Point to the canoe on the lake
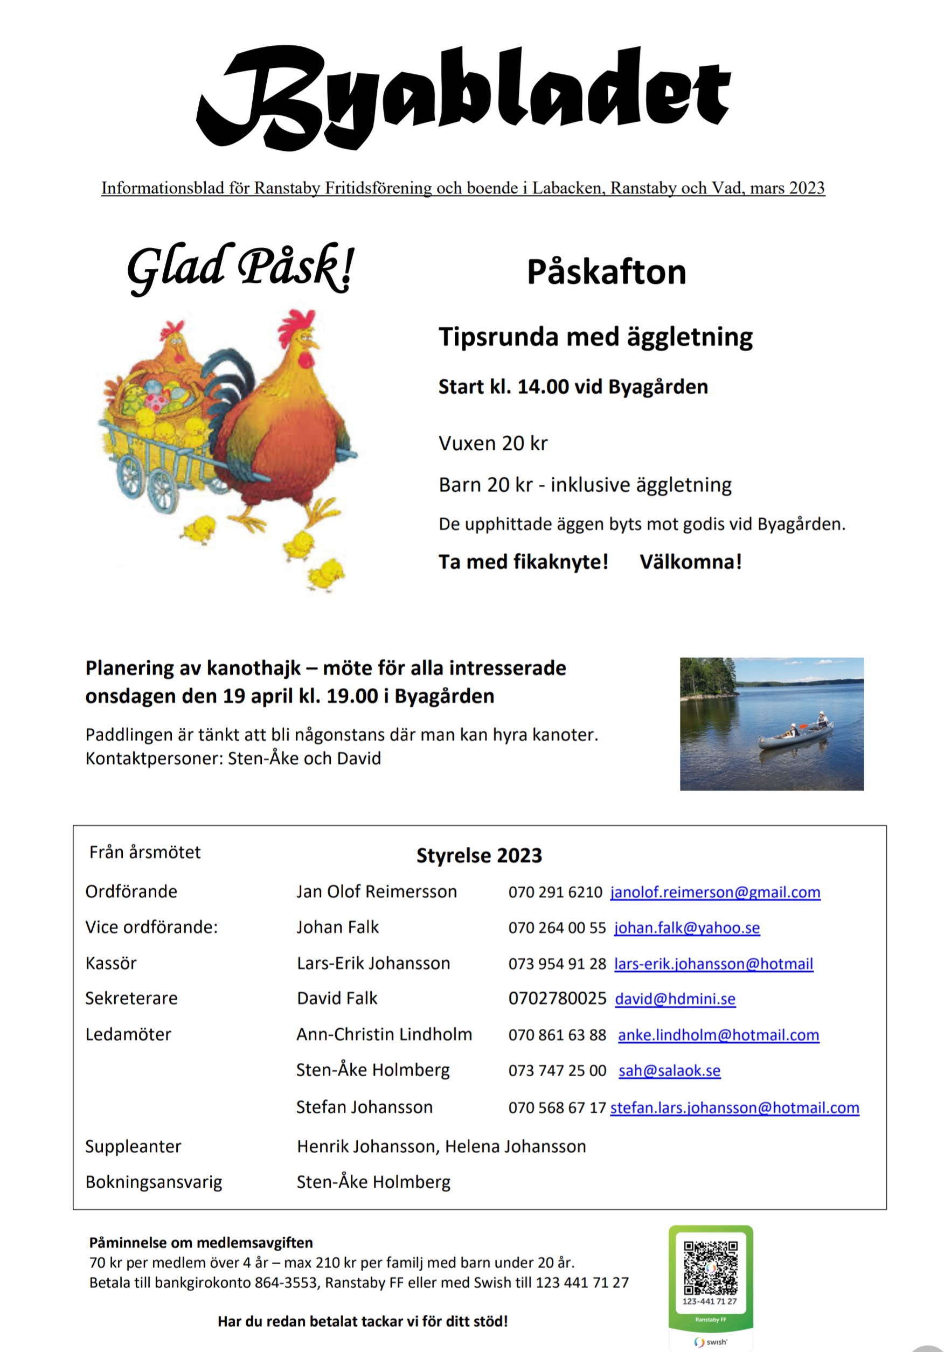795,737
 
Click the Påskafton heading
606,272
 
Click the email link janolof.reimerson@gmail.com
714,892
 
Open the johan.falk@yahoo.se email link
686,928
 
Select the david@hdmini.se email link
675,999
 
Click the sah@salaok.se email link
669,1070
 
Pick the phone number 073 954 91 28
557,964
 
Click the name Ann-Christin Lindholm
384,1035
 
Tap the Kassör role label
110,963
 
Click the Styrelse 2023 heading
479,855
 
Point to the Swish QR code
710,1268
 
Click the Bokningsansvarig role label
154,1182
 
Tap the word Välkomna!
690,562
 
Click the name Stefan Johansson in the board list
364,1107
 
